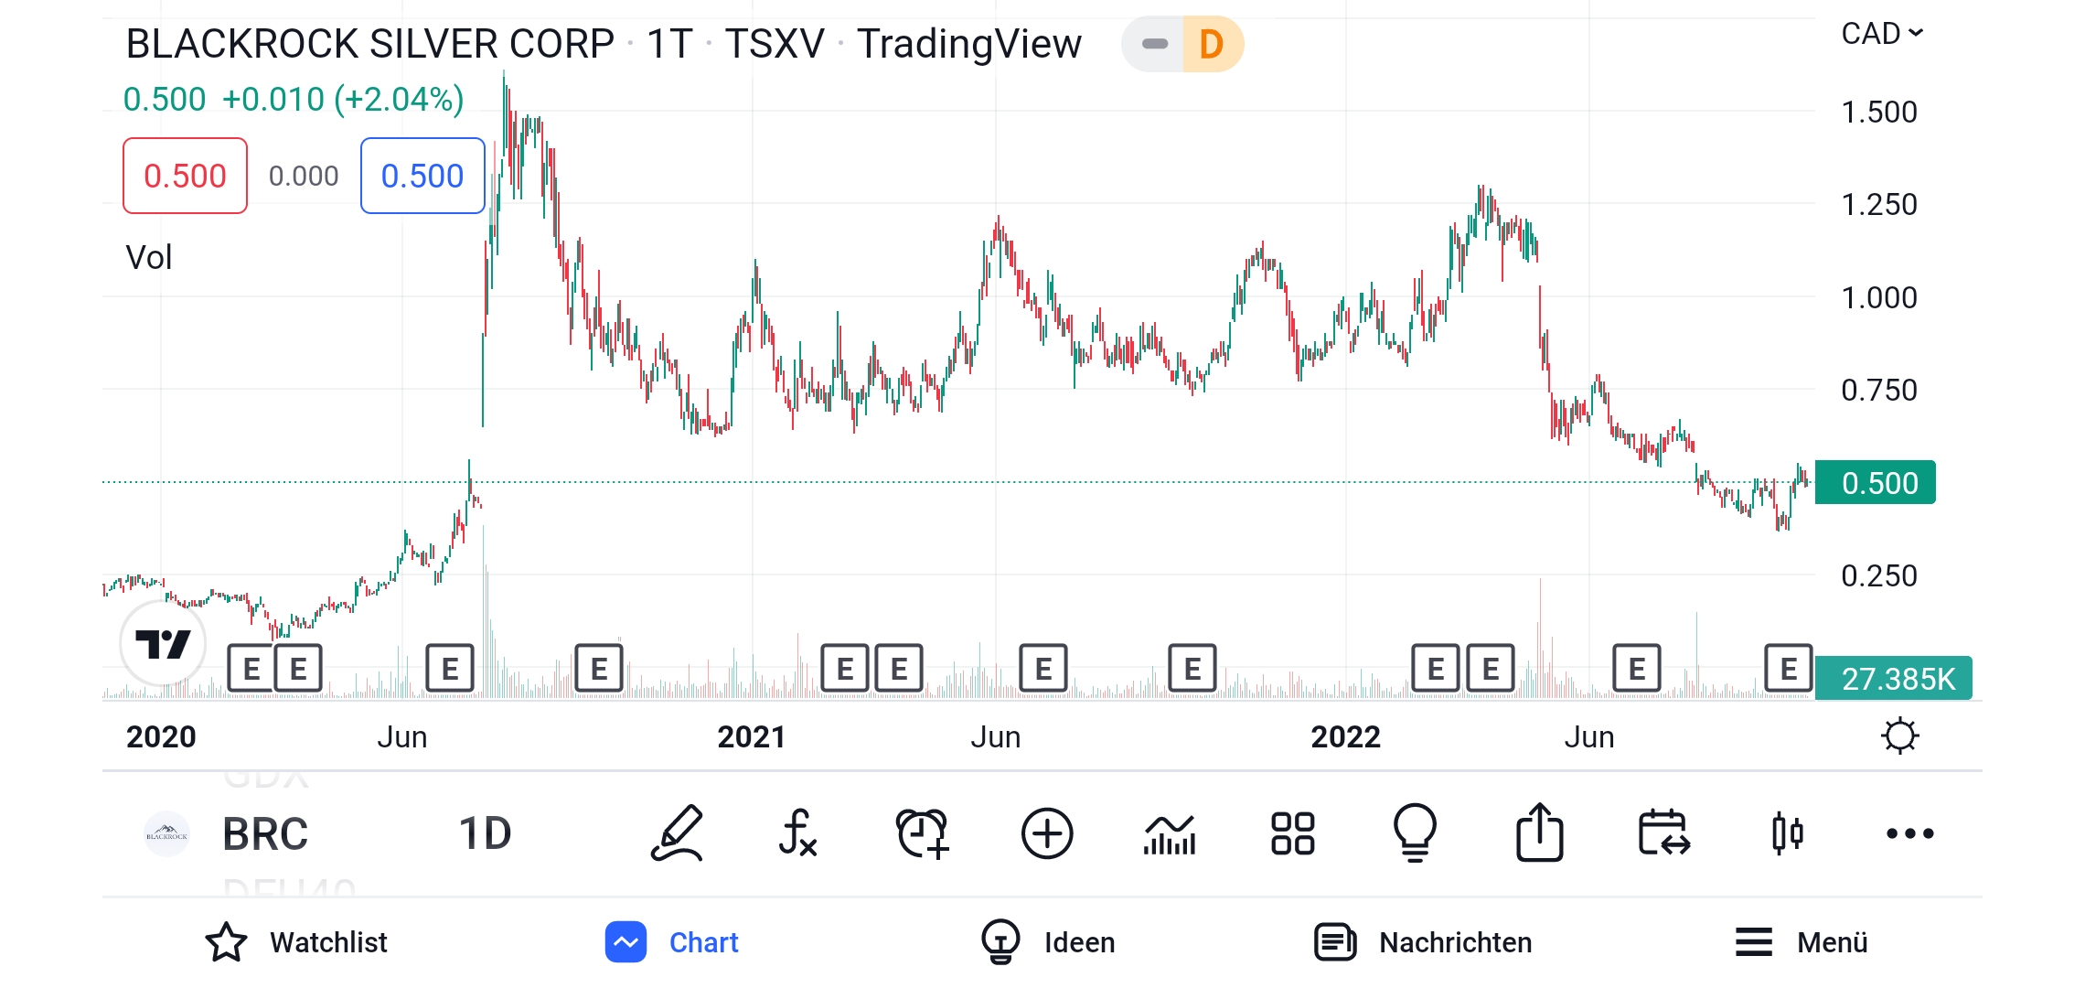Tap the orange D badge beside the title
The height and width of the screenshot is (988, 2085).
[x=1212, y=44]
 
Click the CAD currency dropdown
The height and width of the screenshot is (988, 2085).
[x=1881, y=34]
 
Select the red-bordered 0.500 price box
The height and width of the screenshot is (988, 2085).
[x=185, y=176]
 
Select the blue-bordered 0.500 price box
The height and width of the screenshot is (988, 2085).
[x=422, y=176]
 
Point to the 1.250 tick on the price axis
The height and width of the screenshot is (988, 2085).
[x=1878, y=204]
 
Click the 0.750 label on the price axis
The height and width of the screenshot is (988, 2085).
[x=1878, y=391]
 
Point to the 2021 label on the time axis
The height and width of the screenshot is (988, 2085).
[x=751, y=737]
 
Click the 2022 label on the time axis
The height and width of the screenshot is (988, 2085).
[x=1345, y=737]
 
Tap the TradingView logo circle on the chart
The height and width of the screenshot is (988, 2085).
[x=163, y=644]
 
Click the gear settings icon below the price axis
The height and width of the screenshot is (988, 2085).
[x=1899, y=736]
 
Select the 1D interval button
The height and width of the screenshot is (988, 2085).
[x=485, y=833]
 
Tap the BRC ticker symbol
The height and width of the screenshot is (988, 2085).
[x=265, y=833]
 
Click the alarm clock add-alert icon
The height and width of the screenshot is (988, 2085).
[x=923, y=833]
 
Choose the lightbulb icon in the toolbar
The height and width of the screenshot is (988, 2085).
[x=1415, y=833]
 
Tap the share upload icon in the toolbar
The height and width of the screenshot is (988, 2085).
[x=1539, y=833]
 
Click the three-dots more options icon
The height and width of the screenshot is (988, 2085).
[x=1910, y=833]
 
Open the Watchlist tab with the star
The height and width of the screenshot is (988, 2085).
[x=297, y=942]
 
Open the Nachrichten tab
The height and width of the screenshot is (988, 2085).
[x=1423, y=942]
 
